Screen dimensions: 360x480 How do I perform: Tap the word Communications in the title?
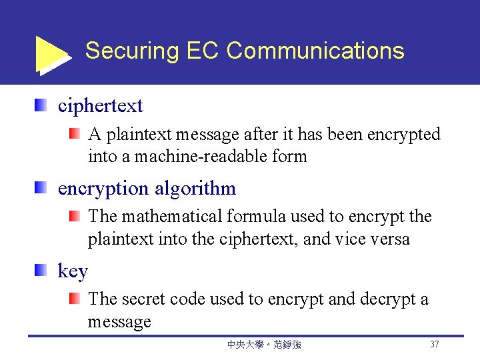click(315, 51)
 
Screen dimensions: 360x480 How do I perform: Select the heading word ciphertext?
click(100, 105)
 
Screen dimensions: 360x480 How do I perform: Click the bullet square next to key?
click(41, 270)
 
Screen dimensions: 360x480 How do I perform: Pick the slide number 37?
click(435, 345)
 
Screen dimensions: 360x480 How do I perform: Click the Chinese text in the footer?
click(264, 345)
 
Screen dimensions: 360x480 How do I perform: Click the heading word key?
click(73, 271)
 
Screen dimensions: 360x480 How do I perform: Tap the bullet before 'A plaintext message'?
click(75, 134)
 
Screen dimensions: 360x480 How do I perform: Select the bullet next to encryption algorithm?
click(41, 187)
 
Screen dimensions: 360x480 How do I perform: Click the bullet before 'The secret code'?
click(75, 299)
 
